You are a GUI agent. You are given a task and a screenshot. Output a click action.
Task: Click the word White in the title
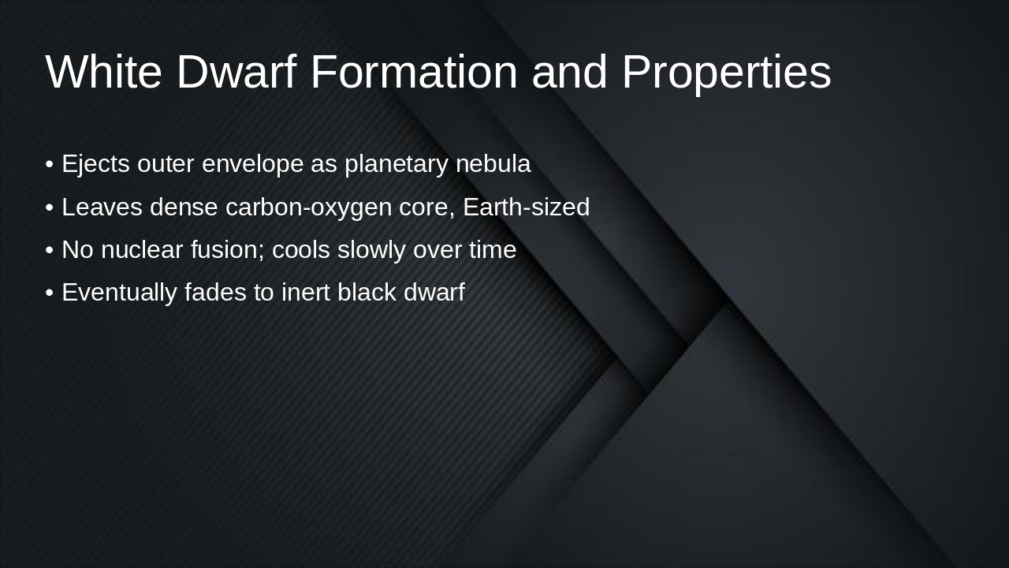[103, 72]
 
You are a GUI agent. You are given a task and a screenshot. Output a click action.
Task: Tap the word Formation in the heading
[414, 72]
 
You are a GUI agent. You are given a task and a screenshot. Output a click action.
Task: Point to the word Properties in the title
[726, 72]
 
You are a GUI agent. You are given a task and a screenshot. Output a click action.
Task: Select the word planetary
[397, 164]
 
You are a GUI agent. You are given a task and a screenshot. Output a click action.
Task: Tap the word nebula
[493, 164]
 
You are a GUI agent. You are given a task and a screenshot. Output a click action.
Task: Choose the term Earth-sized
[526, 207]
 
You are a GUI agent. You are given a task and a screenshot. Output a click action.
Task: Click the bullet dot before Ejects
[50, 165]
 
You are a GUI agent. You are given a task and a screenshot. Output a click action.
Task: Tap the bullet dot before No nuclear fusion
[50, 250]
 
